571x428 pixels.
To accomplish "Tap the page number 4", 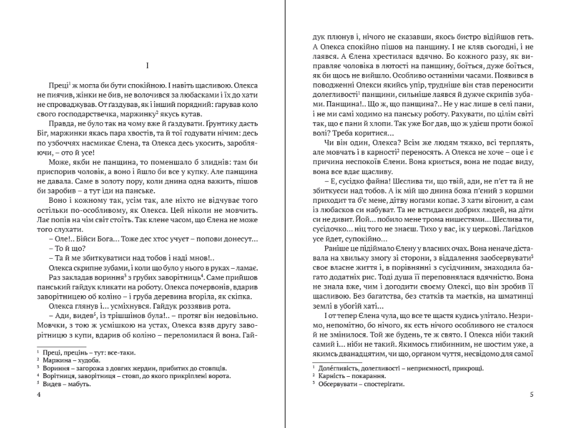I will click(38, 394).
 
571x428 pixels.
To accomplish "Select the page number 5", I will click(531, 394).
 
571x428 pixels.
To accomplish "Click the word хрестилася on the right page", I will click(385, 56).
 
